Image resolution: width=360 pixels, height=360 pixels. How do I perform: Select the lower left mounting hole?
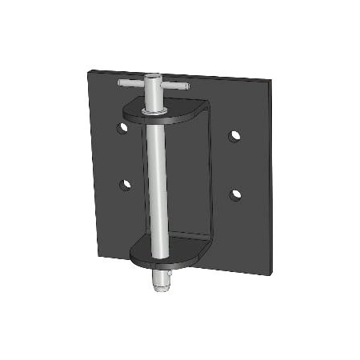(x=126, y=184)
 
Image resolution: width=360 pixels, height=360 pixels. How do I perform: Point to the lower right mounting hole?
(x=235, y=194)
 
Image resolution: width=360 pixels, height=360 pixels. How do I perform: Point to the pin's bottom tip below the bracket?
(x=161, y=288)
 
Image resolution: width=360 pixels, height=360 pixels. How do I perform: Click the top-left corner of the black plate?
(x=88, y=69)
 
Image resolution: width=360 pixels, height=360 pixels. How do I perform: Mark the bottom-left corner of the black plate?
(x=98, y=258)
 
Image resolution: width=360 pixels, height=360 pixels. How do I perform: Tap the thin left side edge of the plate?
(x=91, y=160)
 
